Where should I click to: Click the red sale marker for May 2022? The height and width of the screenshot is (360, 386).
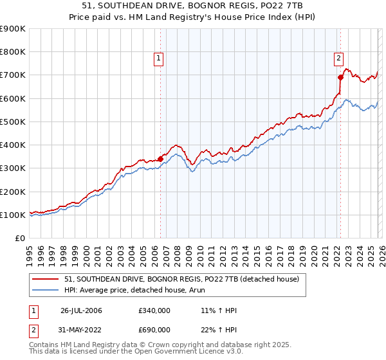coord(340,77)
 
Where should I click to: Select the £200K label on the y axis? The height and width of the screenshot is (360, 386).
coord(13,192)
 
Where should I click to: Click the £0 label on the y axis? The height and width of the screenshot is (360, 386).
coord(20,239)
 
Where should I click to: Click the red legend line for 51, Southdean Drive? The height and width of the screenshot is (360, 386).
coord(46,280)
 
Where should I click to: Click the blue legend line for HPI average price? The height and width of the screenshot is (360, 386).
coord(46,290)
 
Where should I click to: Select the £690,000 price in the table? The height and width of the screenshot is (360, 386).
coord(154,329)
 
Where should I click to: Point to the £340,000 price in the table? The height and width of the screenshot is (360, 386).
coord(154,311)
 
